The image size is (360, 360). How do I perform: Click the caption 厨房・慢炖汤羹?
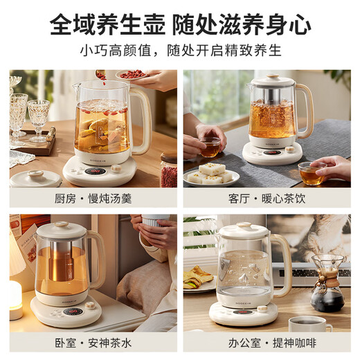point(94,198)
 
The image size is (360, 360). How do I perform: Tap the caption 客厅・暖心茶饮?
point(267,198)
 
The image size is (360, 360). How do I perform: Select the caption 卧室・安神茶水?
point(94,343)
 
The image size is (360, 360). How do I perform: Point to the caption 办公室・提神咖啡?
point(267,343)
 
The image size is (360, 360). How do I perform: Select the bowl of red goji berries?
point(132,75)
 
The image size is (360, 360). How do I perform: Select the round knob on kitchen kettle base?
point(116,168)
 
